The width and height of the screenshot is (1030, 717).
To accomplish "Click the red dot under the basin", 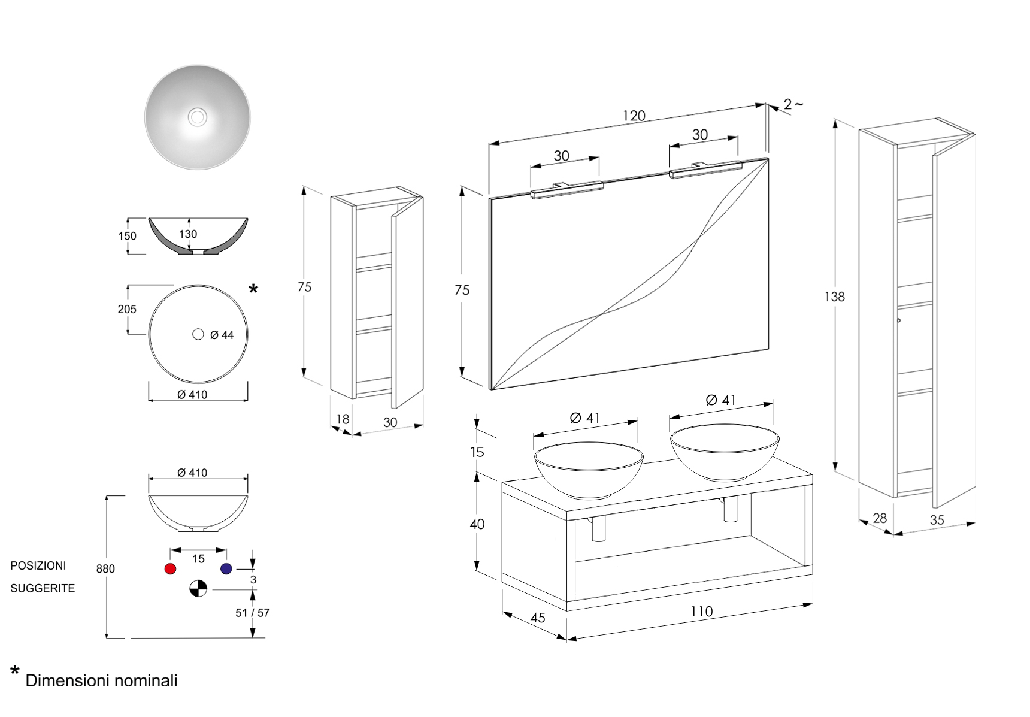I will click(x=170, y=568).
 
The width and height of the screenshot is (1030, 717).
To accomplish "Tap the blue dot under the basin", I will click(x=226, y=568).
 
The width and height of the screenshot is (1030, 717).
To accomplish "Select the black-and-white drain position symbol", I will click(x=198, y=589).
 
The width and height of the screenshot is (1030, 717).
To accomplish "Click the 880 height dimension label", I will click(x=105, y=568).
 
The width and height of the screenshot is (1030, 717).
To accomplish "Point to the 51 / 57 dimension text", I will click(x=252, y=613).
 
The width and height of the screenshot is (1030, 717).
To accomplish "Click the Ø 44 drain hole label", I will click(x=222, y=335).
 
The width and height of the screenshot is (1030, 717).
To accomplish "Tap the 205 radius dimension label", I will click(x=127, y=309).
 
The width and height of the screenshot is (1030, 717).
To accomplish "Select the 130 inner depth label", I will click(x=187, y=234).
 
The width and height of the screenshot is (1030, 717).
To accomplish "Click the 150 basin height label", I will click(x=127, y=236).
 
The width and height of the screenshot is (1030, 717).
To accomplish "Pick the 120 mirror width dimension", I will click(x=634, y=116).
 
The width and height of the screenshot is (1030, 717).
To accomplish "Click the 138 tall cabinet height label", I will click(x=834, y=297).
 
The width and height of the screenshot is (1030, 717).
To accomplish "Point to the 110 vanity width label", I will click(x=701, y=612).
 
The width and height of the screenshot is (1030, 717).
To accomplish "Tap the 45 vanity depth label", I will click(x=538, y=618).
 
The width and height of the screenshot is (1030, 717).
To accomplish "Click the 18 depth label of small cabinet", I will click(x=343, y=419).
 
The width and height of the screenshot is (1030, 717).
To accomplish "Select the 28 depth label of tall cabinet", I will click(x=879, y=518).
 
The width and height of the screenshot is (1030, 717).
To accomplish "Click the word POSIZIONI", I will click(x=38, y=565).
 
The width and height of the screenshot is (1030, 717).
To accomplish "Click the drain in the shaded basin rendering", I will click(x=198, y=117).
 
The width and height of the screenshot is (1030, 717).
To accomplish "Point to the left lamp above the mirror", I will click(x=566, y=189).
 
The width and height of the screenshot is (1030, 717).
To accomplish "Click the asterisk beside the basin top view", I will click(x=253, y=289).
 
